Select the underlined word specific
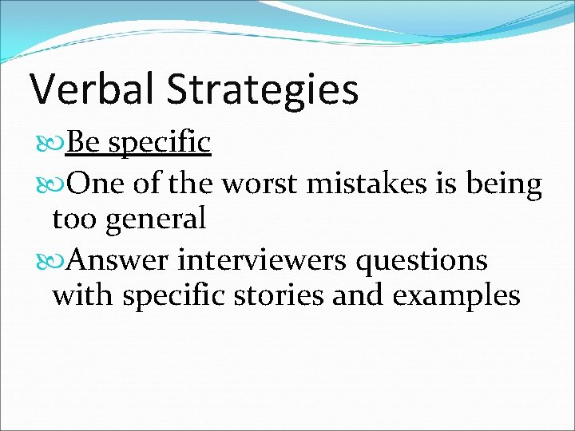click(159, 144)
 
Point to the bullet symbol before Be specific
click(58, 144)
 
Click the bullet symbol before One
click(58, 184)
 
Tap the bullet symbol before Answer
click(58, 261)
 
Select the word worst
click(260, 184)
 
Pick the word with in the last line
click(79, 295)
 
